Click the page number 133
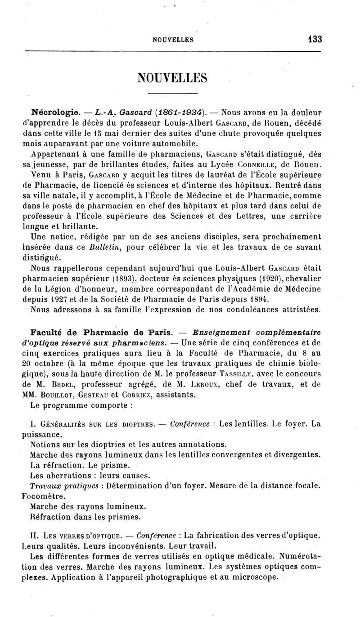pyautogui.click(x=315, y=39)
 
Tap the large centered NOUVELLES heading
pyautogui.click(x=173, y=77)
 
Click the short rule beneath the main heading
pyautogui.click(x=173, y=93)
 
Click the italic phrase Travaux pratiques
pyautogui.click(x=64, y=486)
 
